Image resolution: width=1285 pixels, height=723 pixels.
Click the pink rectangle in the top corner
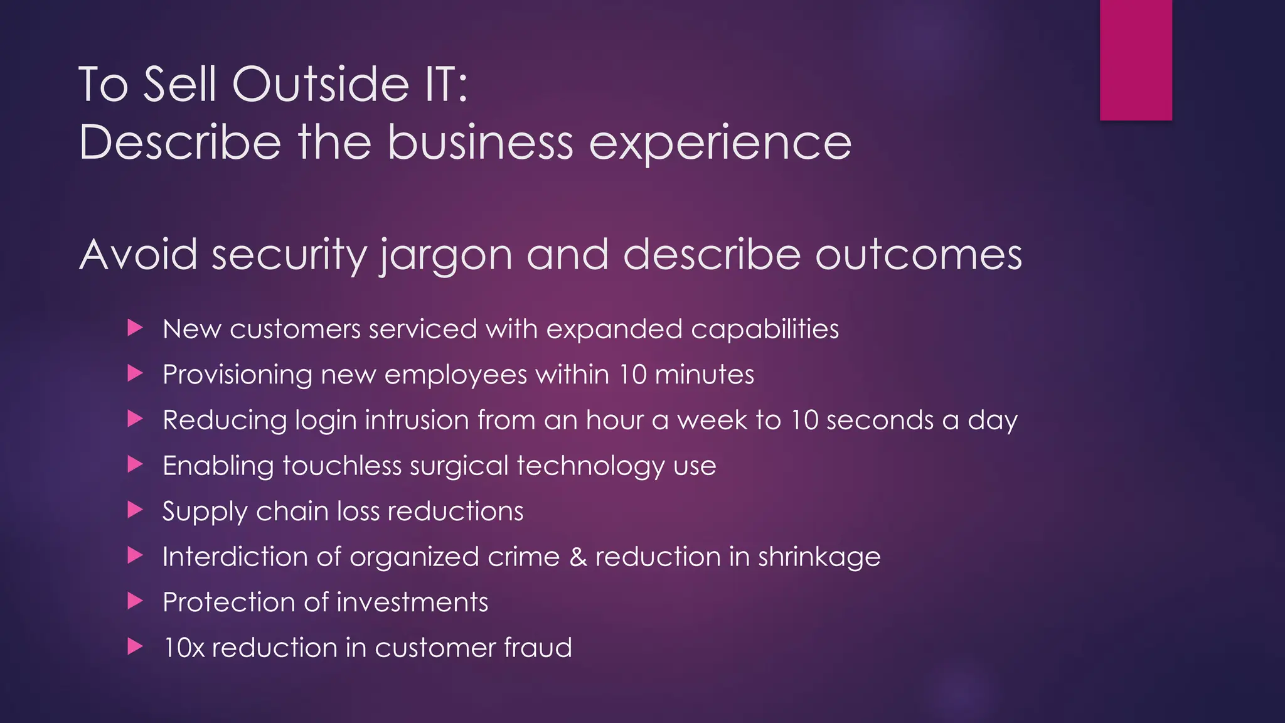tap(1136, 60)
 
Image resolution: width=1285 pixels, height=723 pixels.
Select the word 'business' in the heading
tap(480, 142)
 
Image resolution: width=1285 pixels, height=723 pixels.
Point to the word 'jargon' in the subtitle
tap(446, 255)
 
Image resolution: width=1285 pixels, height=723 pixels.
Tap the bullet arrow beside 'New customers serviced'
tap(136, 328)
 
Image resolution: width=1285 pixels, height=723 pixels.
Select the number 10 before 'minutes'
tap(632, 375)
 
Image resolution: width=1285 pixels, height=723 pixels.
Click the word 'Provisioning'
tap(237, 375)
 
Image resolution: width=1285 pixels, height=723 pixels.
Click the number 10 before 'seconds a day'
tap(804, 420)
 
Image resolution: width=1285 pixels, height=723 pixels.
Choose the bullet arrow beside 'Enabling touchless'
tap(136, 464)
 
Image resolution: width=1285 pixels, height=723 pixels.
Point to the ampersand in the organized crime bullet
tap(578, 557)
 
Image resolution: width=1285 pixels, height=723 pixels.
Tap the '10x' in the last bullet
tap(184, 648)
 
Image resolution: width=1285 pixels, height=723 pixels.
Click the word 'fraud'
tap(537, 648)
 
